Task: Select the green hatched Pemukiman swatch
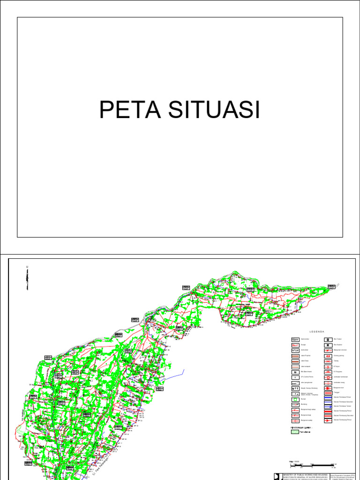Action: [295, 432]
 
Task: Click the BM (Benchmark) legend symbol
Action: [295, 370]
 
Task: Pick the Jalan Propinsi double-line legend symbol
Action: [295, 357]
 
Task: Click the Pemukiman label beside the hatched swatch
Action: [306, 433]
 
